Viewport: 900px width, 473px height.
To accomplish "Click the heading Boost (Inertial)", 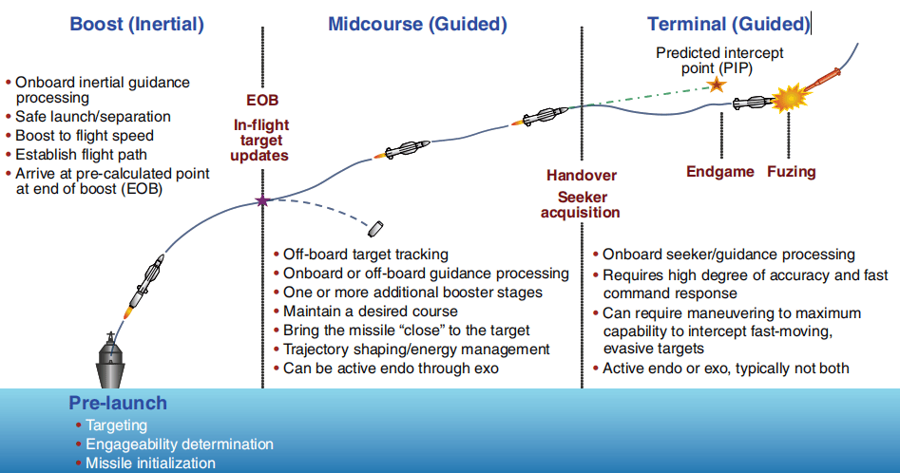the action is point(137,24).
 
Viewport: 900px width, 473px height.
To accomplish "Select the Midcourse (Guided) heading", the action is point(417,24).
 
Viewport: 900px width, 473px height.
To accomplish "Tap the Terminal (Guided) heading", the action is point(728,24).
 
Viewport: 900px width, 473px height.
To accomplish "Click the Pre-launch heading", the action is point(118,403).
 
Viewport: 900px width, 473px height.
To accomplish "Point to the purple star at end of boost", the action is point(262,200).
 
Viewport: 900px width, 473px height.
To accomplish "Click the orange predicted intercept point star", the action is point(716,85).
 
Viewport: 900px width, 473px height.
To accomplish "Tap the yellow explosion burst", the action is point(790,99).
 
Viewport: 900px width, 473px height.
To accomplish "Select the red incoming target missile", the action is point(822,80).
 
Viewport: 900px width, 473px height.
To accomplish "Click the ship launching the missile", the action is point(111,360).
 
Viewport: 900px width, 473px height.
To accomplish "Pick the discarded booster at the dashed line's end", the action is point(375,229).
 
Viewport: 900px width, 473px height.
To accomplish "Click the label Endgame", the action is point(720,171).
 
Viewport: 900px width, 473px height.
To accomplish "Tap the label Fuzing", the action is point(792,171).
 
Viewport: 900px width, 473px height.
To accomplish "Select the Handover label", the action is point(582,176).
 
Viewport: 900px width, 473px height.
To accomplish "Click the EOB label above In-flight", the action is point(262,101).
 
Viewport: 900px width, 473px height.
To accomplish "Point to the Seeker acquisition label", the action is point(581,204).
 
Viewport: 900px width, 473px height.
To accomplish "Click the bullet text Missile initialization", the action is point(150,464).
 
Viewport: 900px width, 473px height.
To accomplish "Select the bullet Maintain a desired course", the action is point(371,312).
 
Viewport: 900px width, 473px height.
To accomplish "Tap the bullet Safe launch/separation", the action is point(93,117).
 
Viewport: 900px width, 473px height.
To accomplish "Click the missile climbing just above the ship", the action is point(145,285).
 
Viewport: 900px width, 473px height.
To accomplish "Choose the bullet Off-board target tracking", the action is point(366,255).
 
